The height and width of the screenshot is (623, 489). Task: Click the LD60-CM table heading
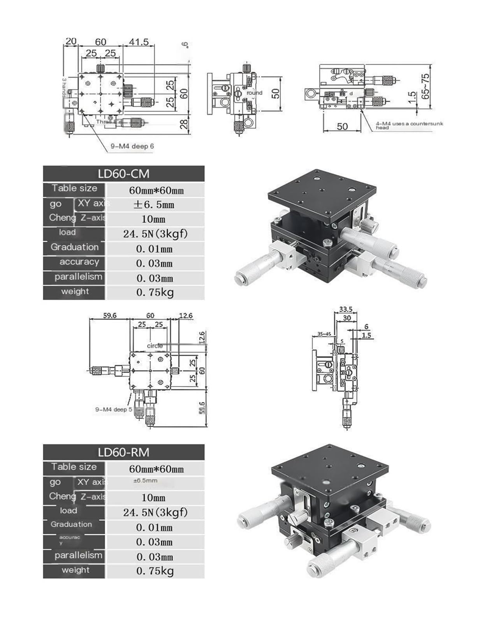coord(123,174)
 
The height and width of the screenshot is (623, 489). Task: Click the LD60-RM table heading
coord(123,452)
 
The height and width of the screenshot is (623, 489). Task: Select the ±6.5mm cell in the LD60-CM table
coord(154,205)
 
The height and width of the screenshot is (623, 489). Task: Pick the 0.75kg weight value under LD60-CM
coord(155,292)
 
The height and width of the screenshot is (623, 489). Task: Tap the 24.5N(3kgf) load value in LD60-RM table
coord(155,512)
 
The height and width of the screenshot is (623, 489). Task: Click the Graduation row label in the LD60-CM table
coord(74,247)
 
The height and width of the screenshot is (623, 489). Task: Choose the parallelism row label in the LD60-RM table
coord(78,555)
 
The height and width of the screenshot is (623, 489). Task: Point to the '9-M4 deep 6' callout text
coord(132,146)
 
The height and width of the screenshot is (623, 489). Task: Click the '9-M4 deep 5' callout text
coord(114,410)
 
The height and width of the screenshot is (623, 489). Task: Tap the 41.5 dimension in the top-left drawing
coord(139,42)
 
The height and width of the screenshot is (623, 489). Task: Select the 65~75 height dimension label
coord(425,86)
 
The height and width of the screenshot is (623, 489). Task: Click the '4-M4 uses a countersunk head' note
coord(409,125)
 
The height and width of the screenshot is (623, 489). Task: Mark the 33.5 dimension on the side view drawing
coord(345,310)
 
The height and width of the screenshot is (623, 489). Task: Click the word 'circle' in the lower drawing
coord(155,346)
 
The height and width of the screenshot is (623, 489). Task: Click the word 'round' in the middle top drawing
coord(254,93)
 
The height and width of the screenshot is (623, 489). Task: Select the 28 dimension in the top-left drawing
coord(185,124)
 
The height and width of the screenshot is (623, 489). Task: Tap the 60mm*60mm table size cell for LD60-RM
coord(156,469)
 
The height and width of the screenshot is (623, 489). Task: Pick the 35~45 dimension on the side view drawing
coord(324,334)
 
